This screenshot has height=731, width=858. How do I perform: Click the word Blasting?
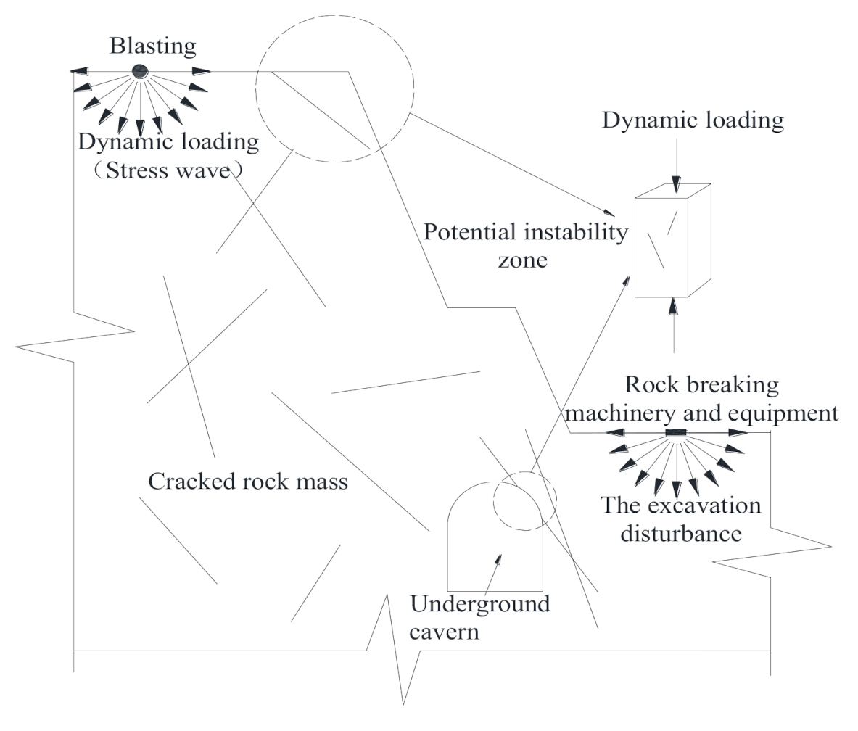click(152, 47)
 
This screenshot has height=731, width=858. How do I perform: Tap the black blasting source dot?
click(139, 70)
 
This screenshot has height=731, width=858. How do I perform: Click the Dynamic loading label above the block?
click(693, 120)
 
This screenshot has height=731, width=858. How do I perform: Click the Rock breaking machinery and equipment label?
click(701, 398)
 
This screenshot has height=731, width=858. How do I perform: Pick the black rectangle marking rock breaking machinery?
click(676, 433)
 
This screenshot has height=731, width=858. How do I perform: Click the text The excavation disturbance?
click(680, 519)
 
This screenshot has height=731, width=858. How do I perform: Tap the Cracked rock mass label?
click(248, 481)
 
